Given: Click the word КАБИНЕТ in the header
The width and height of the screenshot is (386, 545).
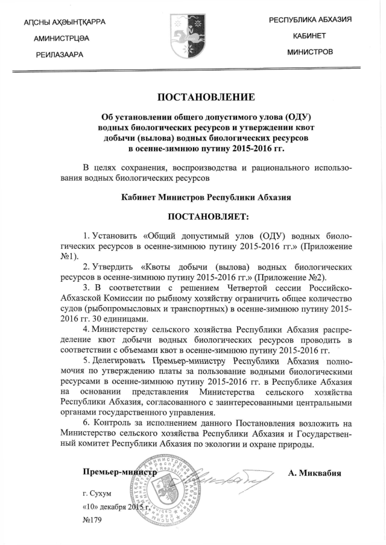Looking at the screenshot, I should [309, 36].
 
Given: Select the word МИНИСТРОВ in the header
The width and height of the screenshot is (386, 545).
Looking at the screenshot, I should [310, 52].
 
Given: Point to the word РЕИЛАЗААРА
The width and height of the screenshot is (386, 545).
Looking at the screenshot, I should [59, 54].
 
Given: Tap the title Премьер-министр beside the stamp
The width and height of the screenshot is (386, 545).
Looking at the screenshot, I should [119, 473].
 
